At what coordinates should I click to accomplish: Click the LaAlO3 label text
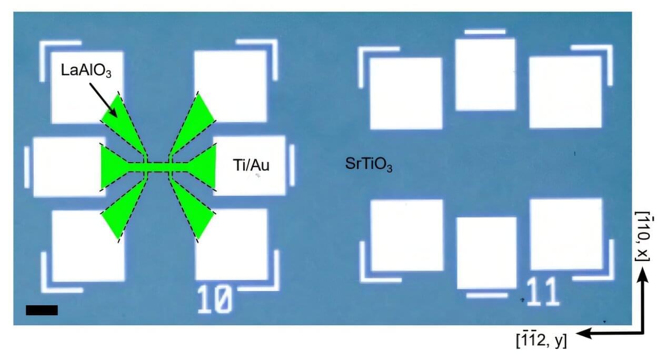click(86, 71)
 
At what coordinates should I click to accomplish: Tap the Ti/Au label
click(251, 165)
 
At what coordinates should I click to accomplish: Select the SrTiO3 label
click(369, 164)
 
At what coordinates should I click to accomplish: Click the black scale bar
click(42, 310)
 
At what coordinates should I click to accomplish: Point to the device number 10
click(214, 299)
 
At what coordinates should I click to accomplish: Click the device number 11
click(543, 292)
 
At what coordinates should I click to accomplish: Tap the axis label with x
click(643, 236)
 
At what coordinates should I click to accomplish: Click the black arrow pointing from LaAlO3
click(103, 100)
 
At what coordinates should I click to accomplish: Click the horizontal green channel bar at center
click(158, 167)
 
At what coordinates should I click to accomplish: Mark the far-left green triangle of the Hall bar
click(115, 167)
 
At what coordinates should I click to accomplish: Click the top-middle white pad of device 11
click(485, 74)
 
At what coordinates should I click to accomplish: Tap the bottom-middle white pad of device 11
click(486, 253)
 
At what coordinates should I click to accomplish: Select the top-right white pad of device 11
click(565, 92)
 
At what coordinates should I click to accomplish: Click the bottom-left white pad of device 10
click(88, 246)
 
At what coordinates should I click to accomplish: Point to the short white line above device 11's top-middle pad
click(485, 32)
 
